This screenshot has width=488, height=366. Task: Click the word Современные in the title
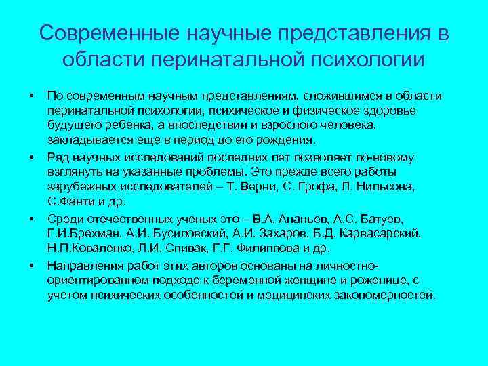(x=107, y=33)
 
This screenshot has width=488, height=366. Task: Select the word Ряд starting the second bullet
(x=59, y=157)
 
